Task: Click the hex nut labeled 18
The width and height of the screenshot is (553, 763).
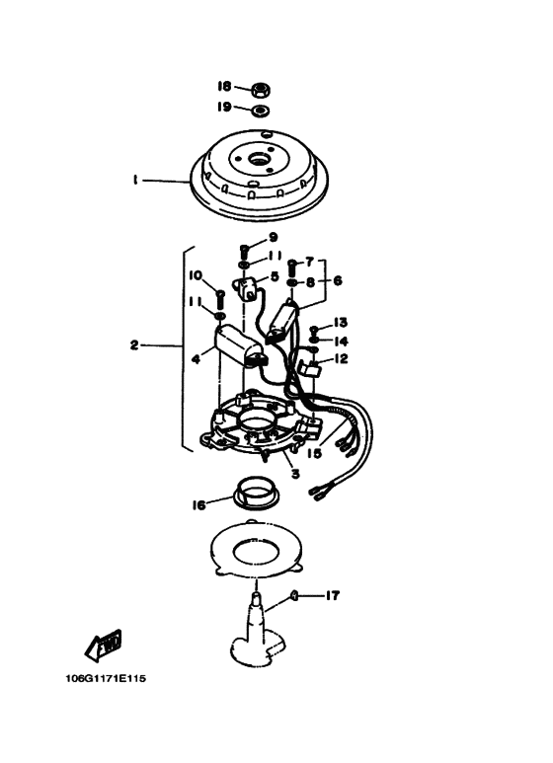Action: point(262,90)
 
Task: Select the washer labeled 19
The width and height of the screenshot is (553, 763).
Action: point(262,111)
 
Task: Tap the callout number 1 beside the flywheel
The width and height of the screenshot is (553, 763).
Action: point(135,180)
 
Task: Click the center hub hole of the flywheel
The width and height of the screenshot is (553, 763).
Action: point(257,159)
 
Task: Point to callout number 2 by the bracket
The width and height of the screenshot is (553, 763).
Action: point(135,345)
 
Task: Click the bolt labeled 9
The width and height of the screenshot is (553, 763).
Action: point(245,252)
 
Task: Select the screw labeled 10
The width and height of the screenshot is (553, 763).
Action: point(219,298)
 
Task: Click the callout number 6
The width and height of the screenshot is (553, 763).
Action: point(338,280)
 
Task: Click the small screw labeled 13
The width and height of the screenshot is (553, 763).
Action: point(314,329)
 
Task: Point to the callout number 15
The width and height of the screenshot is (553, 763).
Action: point(314,453)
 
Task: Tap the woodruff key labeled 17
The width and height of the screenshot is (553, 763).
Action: point(294,595)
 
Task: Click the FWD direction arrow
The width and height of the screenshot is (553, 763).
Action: point(104,646)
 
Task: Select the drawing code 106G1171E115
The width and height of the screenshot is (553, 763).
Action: point(106,678)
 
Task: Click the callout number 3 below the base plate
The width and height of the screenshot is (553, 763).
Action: point(295,473)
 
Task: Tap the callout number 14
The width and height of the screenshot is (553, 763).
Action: point(341,342)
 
